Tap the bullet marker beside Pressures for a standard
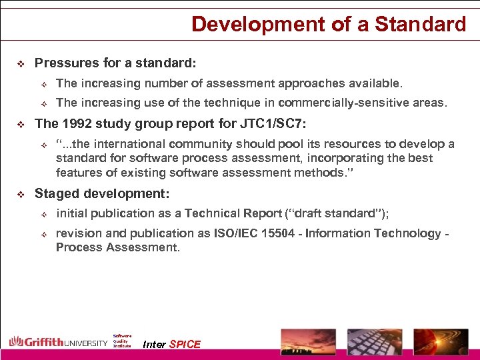click(19, 64)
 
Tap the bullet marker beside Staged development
click(19, 195)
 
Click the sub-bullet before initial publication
click(41, 214)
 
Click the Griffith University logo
click(58, 342)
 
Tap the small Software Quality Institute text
click(122, 341)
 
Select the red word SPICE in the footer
click(185, 344)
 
